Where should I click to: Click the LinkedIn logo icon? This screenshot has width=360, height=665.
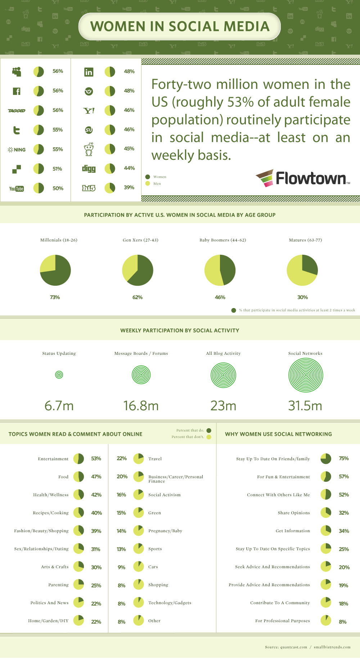click(x=89, y=72)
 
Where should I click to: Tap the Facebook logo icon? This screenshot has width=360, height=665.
click(x=17, y=91)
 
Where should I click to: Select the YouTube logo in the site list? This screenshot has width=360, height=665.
click(x=17, y=189)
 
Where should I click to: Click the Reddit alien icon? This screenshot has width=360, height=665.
click(x=89, y=149)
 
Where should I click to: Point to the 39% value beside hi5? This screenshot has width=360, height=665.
click(x=129, y=187)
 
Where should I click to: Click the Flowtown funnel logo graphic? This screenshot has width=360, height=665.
click(x=265, y=178)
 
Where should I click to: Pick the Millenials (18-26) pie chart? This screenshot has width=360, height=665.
click(x=55, y=270)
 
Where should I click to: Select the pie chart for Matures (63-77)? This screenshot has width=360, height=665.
click(x=302, y=270)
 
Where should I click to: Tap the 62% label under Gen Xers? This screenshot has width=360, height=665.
click(x=138, y=297)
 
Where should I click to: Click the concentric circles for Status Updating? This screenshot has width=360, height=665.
click(x=59, y=375)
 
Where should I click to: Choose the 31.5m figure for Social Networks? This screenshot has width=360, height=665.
click(x=305, y=406)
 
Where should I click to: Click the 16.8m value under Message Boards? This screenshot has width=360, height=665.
click(x=141, y=406)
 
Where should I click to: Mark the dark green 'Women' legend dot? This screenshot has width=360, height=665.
click(x=148, y=177)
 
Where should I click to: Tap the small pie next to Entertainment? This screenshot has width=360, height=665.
click(x=78, y=459)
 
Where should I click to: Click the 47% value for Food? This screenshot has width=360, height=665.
click(x=96, y=477)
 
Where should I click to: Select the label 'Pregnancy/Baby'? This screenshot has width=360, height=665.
click(x=165, y=531)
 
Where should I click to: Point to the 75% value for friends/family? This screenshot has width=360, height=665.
click(x=343, y=458)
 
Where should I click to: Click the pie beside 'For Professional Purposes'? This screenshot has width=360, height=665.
click(x=326, y=621)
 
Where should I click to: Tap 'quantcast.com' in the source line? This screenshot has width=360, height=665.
click(x=294, y=647)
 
